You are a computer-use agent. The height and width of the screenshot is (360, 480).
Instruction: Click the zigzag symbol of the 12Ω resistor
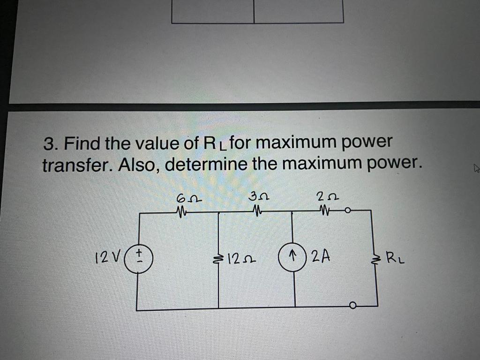pyautogui.click(x=219, y=258)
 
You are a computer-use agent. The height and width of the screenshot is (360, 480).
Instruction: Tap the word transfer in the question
pyautogui.click(x=75, y=165)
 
